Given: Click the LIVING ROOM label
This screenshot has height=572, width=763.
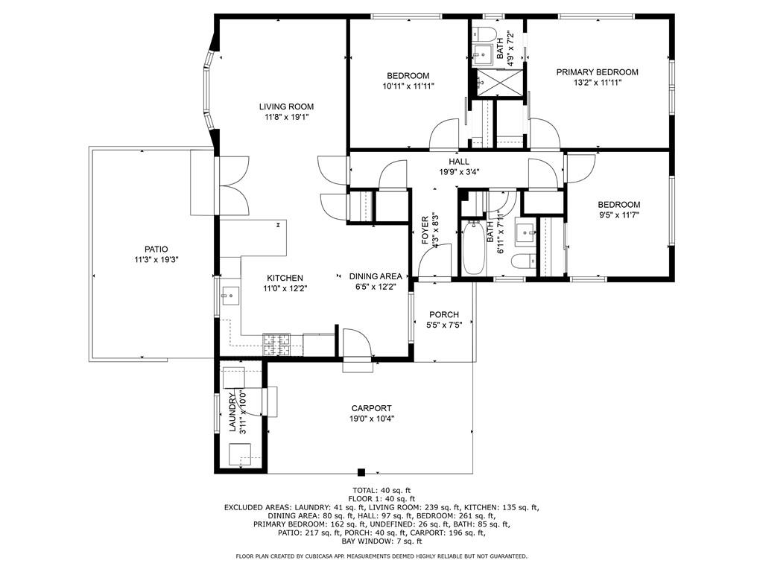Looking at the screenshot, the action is pyautogui.click(x=286, y=107).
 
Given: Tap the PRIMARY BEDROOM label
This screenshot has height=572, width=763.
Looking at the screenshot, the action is pyautogui.click(x=597, y=72).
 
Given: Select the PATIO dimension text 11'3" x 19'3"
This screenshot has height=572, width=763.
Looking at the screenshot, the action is pyautogui.click(x=156, y=260).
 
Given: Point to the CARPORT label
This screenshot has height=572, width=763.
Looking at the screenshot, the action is pyautogui.click(x=371, y=408).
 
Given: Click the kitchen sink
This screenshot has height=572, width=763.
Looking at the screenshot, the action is pyautogui.click(x=230, y=295).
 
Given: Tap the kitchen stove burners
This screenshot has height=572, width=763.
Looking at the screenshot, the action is pyautogui.click(x=276, y=344).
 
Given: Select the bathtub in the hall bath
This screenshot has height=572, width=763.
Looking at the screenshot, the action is pyautogui.click(x=473, y=247).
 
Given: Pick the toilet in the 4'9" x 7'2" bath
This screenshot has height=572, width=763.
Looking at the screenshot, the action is pyautogui.click(x=484, y=34).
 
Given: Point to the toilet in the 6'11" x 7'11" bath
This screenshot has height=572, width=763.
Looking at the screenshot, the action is pyautogui.click(x=523, y=261).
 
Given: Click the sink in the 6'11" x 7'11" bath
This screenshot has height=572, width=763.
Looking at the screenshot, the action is pyautogui.click(x=525, y=232).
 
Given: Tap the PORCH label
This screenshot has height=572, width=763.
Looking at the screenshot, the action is pyautogui.click(x=444, y=315).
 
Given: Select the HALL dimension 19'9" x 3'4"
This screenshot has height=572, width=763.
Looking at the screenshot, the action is pyautogui.click(x=459, y=171).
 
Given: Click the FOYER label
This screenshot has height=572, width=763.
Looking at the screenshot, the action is pyautogui.click(x=425, y=231).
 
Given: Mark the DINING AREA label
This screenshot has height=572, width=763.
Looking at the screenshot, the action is pyautogui.click(x=376, y=276).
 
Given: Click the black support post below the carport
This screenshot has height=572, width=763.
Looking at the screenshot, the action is pyautogui.click(x=361, y=471).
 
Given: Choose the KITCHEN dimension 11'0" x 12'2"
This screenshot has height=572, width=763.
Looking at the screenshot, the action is pyautogui.click(x=285, y=288).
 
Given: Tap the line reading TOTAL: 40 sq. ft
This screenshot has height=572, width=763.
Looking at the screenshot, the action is pyautogui.click(x=381, y=490).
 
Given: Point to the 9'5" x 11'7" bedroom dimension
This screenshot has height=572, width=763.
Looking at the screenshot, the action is pyautogui.click(x=619, y=215).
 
